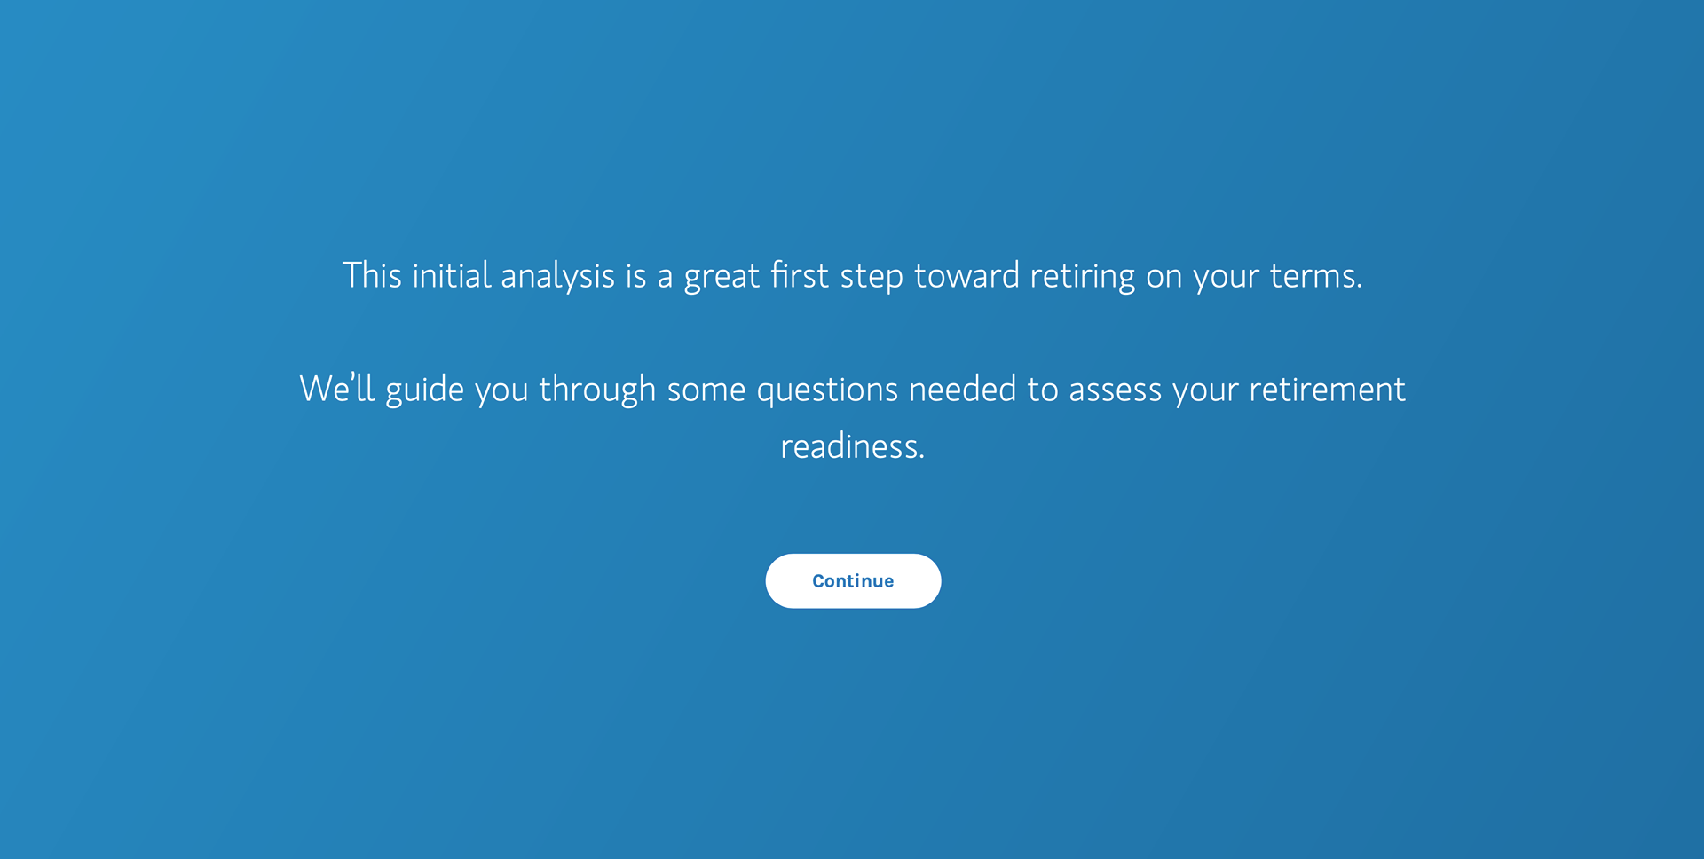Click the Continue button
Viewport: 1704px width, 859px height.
853,581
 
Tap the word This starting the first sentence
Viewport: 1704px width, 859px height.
372,275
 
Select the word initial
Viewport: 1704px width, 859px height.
452,275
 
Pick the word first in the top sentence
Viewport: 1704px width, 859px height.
800,275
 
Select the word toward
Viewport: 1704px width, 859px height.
966,275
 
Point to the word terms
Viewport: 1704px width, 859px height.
1315,276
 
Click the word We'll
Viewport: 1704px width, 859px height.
337,389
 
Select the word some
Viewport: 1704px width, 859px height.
706,390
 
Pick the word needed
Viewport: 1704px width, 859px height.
962,389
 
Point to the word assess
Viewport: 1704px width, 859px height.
1115,390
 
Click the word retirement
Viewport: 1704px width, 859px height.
1327,389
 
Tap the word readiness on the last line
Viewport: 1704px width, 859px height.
852,445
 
